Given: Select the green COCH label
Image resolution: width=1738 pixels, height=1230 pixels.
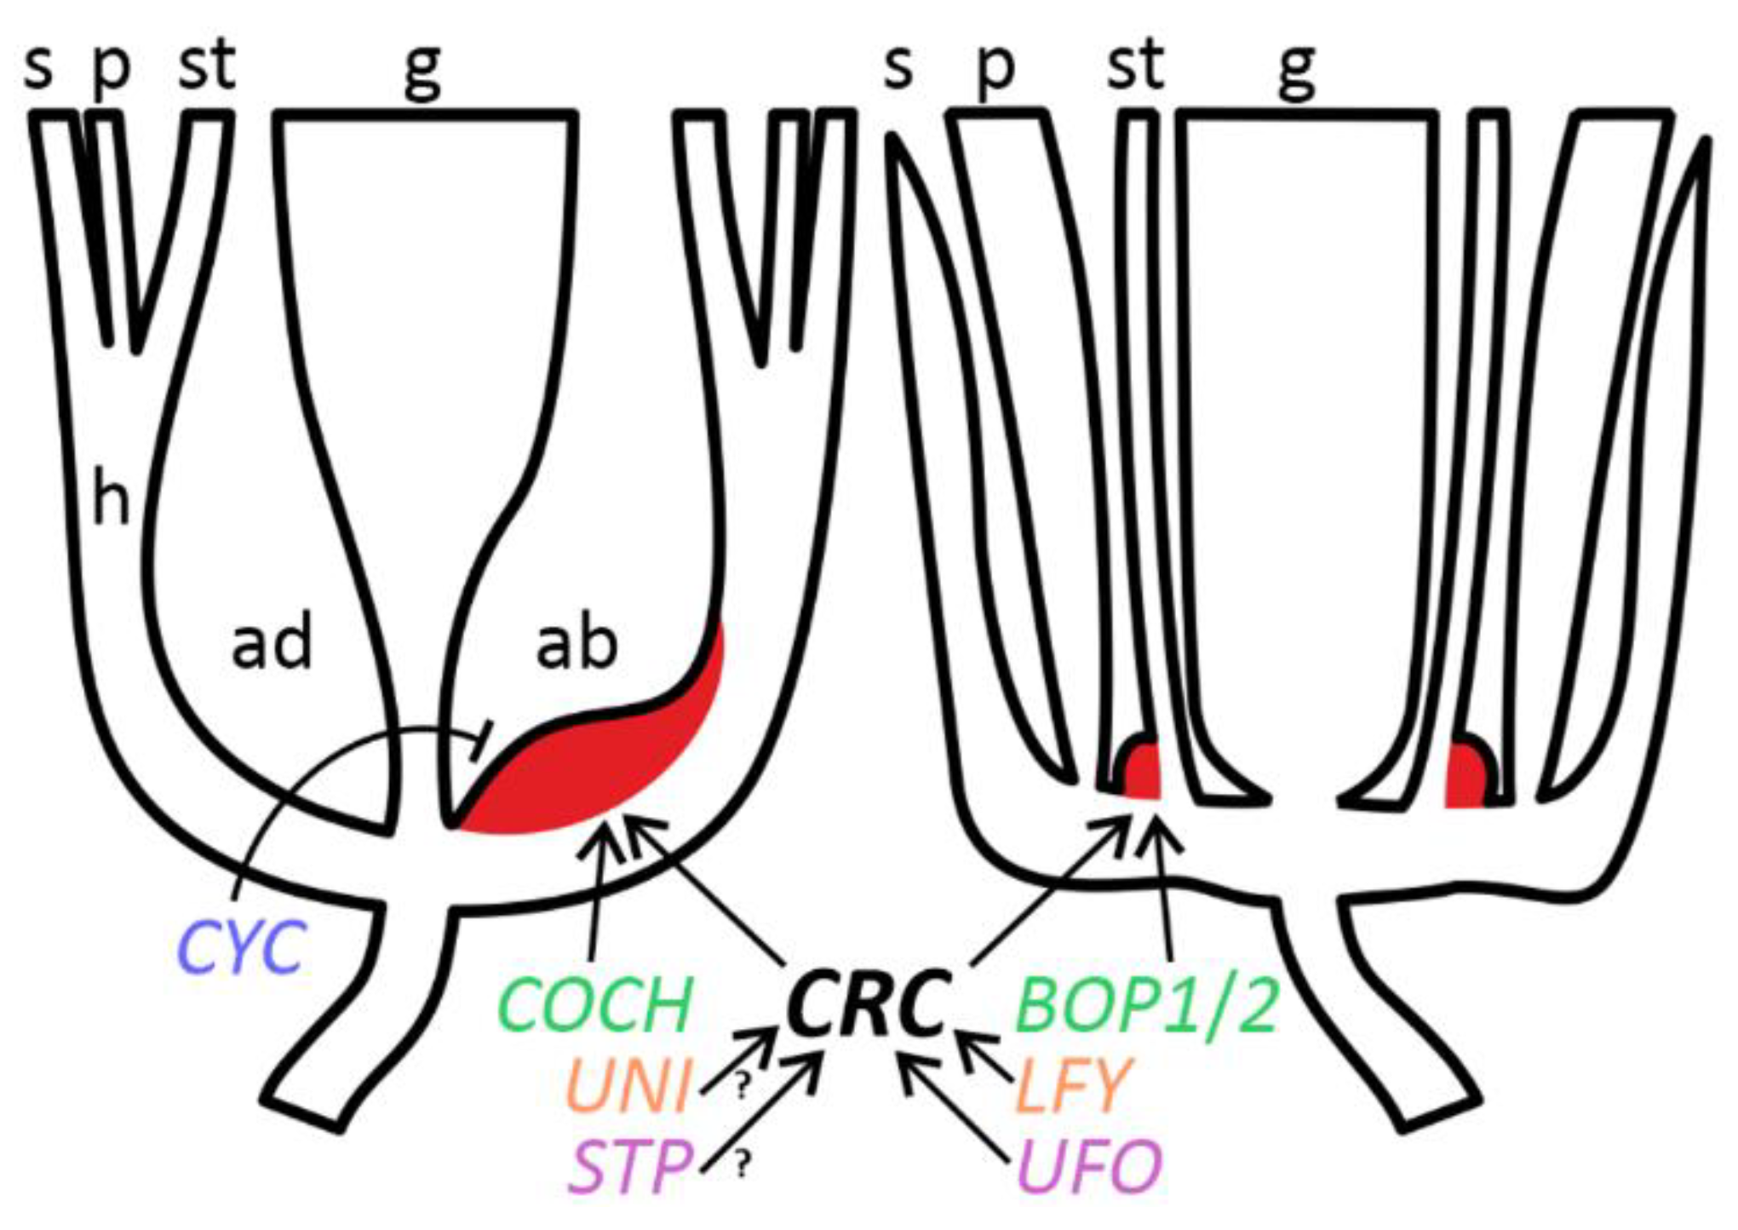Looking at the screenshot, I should pos(594,1005).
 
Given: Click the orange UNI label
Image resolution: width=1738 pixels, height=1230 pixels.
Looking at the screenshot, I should pos(627,1086).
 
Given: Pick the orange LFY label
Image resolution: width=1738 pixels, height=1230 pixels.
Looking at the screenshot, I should pos(1071,1086).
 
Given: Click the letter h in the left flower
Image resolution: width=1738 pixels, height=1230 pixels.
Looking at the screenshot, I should pos(111,498).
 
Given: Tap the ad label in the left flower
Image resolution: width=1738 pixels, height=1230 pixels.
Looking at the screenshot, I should pos(272,642).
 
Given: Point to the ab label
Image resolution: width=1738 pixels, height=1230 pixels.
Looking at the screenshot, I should pos(576,642).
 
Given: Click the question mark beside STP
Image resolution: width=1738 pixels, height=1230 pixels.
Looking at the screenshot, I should pos(743,1165).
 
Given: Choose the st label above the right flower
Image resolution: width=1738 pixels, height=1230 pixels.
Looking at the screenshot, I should pos(1135,65).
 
